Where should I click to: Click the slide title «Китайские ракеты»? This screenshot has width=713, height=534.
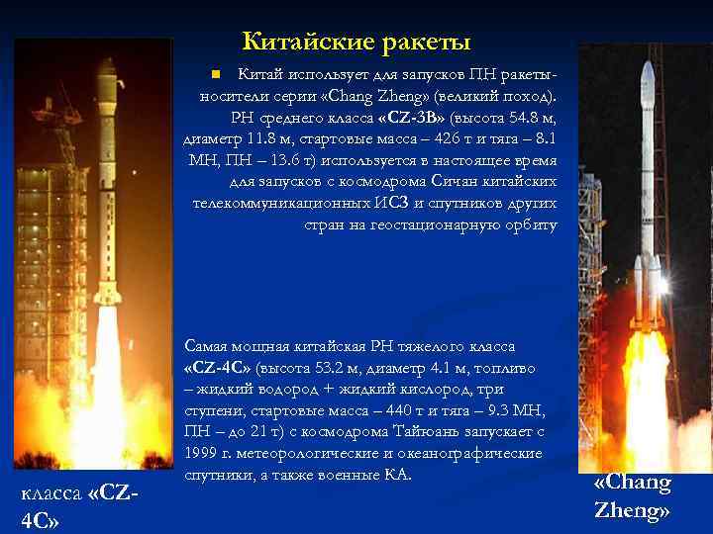click(356, 43)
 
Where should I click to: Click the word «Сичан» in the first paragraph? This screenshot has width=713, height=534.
click(458, 181)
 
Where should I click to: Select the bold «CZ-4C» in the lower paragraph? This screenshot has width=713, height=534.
click(218, 368)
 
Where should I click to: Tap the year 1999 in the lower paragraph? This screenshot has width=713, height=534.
click(202, 453)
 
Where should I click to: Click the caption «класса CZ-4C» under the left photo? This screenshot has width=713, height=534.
click(79, 505)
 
